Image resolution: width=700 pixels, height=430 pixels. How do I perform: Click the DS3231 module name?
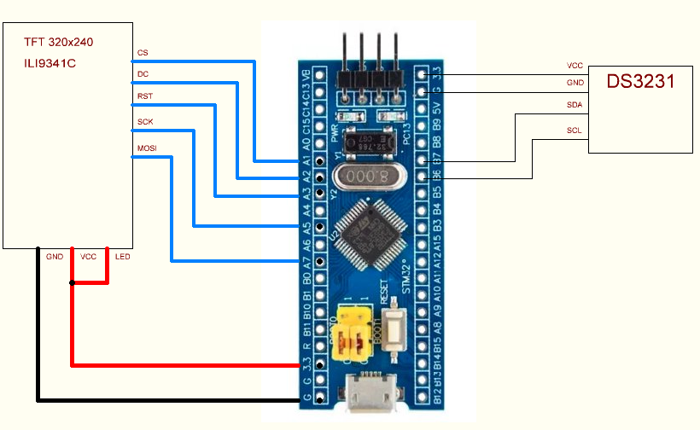pos(641,82)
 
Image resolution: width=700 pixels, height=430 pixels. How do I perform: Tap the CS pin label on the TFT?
pos(143,53)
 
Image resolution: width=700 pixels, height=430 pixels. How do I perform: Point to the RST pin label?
pos(145,96)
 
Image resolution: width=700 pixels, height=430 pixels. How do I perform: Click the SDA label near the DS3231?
pos(575,104)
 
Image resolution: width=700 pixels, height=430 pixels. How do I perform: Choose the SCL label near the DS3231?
pos(575,131)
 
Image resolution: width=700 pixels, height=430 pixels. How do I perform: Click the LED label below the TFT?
pos(123,256)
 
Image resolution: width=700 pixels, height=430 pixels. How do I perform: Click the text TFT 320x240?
pos(59,41)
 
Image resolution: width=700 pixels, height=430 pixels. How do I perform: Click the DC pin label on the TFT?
pos(143,74)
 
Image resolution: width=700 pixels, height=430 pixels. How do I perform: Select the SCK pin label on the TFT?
pos(145,122)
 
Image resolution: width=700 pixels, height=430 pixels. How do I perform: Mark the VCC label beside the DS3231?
pos(575,65)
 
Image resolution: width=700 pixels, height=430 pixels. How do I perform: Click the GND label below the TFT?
pos(55,256)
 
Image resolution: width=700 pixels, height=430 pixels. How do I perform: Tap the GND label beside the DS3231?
pos(575,83)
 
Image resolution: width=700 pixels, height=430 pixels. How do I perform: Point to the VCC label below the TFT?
pos(89,256)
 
